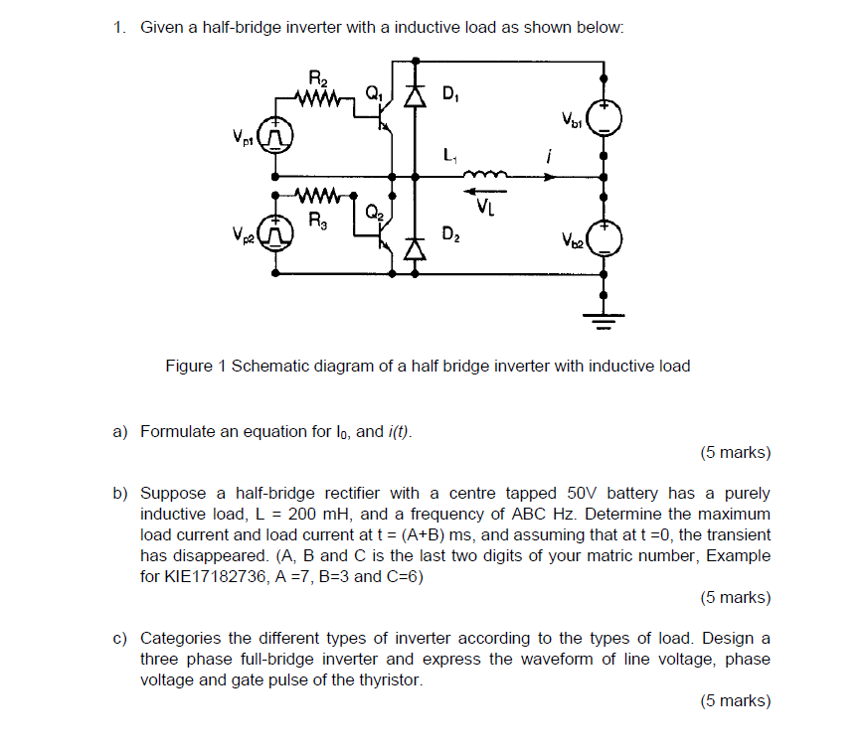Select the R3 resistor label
[317, 221]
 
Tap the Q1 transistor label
[373, 94]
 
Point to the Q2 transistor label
[373, 212]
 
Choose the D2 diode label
[449, 235]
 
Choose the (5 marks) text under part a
[735, 453]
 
